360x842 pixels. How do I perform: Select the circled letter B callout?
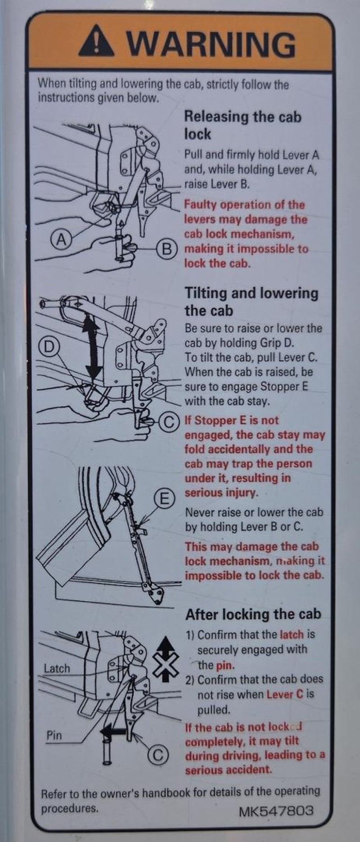click(167, 249)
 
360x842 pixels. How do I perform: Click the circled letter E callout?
click(164, 498)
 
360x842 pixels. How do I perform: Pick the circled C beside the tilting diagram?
click(168, 422)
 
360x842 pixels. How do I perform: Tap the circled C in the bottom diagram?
click(157, 755)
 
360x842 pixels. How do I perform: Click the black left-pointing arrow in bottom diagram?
click(114, 731)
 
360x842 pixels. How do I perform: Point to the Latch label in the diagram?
click(57, 668)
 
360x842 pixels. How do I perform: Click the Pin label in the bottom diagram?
click(54, 735)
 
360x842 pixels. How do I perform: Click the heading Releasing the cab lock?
click(243, 125)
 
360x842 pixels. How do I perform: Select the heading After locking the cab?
click(253, 614)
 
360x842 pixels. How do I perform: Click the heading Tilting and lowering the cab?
click(252, 302)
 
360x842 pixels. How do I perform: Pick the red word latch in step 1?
click(292, 635)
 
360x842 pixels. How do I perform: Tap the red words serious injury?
click(221, 493)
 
